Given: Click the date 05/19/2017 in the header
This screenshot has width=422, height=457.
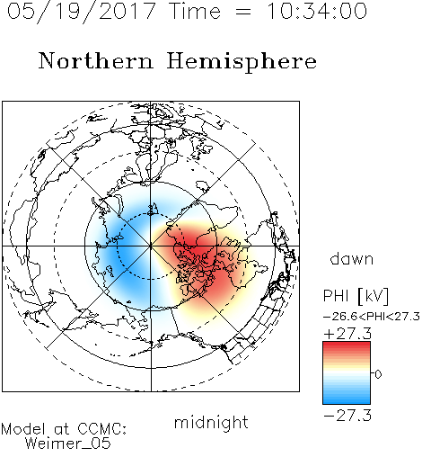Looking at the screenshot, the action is point(81,12).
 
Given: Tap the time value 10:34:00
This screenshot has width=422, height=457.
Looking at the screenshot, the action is point(317,11).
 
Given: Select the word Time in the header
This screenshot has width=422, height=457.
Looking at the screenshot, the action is point(195,11).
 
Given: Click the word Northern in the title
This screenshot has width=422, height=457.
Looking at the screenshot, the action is point(96,60).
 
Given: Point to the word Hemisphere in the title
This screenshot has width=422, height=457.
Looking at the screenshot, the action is point(242,61).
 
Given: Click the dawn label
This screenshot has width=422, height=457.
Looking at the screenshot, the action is point(352,258).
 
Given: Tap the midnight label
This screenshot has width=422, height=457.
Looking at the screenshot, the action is point(211,422).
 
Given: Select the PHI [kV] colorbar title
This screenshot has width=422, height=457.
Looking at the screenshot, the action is point(356,296).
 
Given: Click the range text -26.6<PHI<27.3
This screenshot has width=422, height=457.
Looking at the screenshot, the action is point(372,317).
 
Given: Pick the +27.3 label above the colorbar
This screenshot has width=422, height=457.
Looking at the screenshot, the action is point(347,334).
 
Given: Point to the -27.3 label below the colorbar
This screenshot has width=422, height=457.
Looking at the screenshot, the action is point(347,416).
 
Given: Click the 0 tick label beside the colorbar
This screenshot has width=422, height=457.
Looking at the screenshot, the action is point(378,374).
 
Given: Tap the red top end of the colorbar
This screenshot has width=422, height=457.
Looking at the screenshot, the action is point(347,345).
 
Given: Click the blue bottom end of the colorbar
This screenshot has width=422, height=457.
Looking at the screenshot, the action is point(347,401).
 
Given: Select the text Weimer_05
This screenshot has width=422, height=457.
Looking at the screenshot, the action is point(68,444).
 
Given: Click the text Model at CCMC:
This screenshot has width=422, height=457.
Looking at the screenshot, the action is point(64,429).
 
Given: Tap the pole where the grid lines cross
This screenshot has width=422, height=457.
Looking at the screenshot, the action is point(151,246).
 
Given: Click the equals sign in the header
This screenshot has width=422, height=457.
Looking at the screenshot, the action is point(243,12).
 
